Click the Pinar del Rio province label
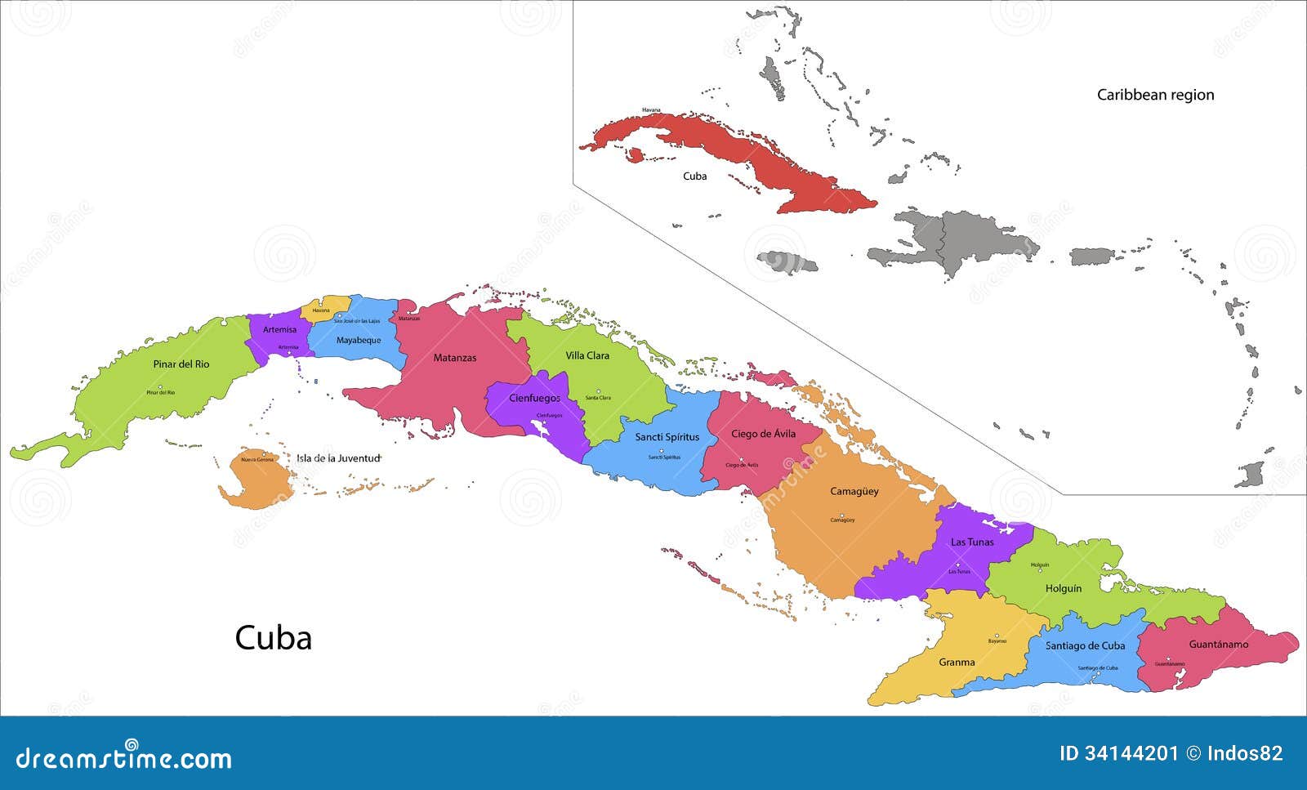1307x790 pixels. coord(181,364)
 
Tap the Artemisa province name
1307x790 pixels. coord(279,329)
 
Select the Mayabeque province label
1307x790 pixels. coord(359,340)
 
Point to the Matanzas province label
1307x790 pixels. coord(454,358)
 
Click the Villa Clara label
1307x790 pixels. coord(587,355)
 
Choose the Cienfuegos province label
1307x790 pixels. coord(534,398)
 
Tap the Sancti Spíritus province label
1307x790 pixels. coord(667,437)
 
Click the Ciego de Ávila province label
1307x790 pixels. coord(763,434)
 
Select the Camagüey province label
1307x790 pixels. coord(854,491)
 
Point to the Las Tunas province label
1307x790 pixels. coord(972,542)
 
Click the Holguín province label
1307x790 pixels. coord(1063,588)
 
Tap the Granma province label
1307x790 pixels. coord(957,662)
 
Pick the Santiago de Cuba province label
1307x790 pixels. coord(1085,645)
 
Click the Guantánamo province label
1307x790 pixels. coord(1218,644)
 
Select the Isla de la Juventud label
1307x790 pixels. coord(338,458)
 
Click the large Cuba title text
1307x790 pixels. coord(274,638)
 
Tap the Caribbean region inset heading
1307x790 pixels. coord(1155,95)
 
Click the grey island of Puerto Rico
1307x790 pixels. coord(1092,257)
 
